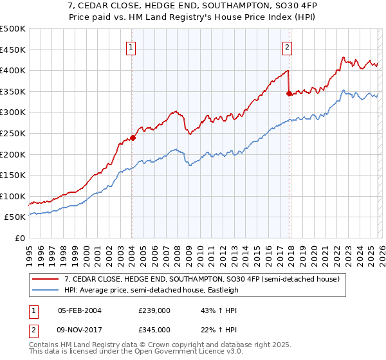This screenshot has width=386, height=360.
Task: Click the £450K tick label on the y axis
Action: coord(13,50)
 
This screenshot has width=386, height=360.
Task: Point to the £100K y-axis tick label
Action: coord(13,196)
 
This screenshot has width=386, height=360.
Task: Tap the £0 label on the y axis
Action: coord(19,238)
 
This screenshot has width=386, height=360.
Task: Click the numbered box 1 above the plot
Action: coord(131,46)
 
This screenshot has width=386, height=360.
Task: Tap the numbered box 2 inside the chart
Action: coord(287,46)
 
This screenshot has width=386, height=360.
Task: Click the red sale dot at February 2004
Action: coord(133,137)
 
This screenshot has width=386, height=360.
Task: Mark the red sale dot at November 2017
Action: coord(289,93)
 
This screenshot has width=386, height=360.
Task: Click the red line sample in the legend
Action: coord(46,280)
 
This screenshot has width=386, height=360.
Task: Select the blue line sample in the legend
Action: coord(46,291)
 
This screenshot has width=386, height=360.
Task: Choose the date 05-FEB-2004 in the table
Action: coord(80,310)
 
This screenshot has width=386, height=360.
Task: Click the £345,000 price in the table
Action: coord(154,330)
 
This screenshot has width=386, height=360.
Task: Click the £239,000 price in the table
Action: coord(154,310)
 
